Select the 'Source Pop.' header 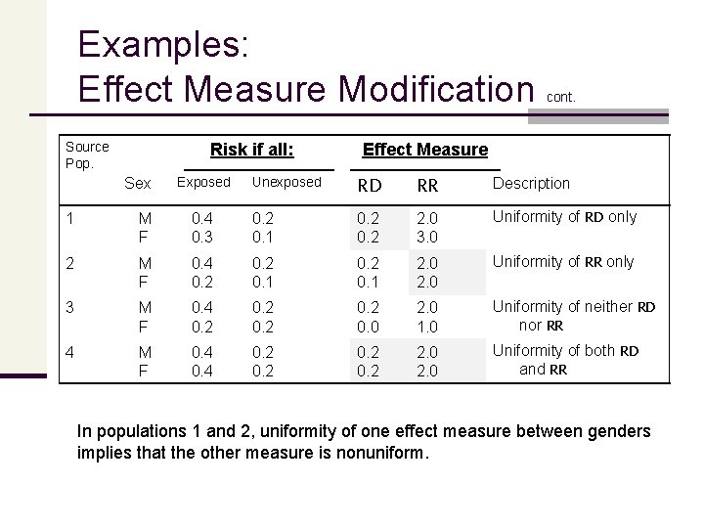click(87, 154)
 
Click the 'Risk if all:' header click(252, 150)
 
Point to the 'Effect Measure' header click(424, 150)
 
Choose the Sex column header click(138, 184)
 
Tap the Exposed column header click(202, 183)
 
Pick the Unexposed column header click(286, 183)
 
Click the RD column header click(368, 184)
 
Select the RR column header click(428, 184)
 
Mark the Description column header click(530, 183)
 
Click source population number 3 click(69, 307)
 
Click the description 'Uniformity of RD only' click(564, 217)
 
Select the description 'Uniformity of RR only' click(563, 262)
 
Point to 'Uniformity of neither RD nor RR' click(574, 315)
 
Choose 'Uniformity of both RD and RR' click(565, 360)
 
